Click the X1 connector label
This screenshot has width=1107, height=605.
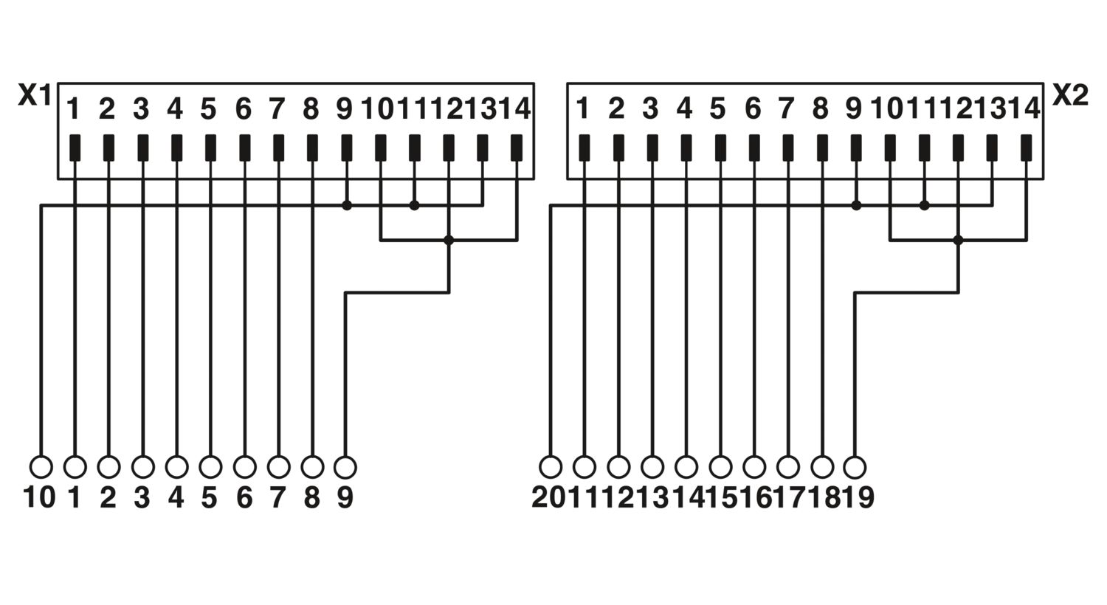pos(35,95)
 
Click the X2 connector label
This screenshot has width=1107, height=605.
pos(1070,95)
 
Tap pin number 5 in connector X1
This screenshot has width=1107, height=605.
pos(209,109)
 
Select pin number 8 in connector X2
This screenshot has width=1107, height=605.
pos(820,109)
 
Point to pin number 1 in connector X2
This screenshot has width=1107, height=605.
pos(583,109)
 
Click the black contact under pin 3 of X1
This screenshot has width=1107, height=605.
pos(143,148)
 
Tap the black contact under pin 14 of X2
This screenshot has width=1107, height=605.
pos(1026,148)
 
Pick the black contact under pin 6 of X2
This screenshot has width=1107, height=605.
pos(754,148)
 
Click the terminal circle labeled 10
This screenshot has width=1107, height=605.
pos(41,467)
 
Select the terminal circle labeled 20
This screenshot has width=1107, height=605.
pos(551,467)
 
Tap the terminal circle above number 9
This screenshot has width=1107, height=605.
pos(345,467)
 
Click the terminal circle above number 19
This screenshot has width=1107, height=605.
pos(855,467)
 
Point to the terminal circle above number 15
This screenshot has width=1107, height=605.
pos(720,467)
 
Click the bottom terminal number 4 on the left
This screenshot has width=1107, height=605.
pos(176,497)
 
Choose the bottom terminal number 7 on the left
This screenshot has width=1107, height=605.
pos(277,497)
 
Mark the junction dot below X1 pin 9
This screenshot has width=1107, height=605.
pos(347,205)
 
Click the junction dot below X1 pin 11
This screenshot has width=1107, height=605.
pos(415,205)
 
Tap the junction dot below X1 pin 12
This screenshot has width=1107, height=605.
pos(449,241)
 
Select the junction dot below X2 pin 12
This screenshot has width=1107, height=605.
pos(958,241)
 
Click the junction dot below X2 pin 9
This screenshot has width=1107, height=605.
pos(856,205)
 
